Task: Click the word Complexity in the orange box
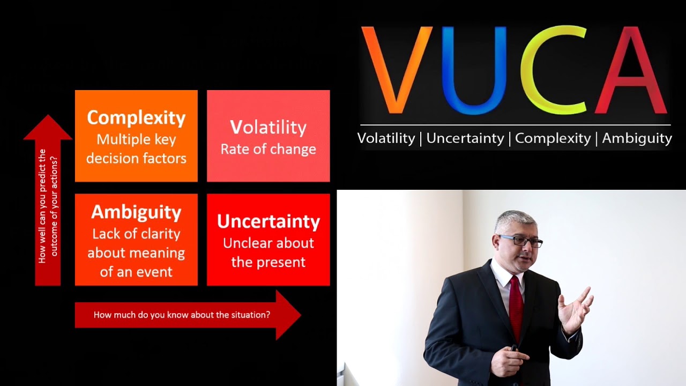[x=136, y=117]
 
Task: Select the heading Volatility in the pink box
[x=268, y=128]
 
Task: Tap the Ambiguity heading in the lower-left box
[x=136, y=212]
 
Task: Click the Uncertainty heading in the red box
[x=268, y=221]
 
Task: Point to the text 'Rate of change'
[x=268, y=149]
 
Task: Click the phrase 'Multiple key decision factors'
[x=136, y=149]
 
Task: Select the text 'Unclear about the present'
[x=268, y=253]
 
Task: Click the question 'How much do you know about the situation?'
[x=182, y=315]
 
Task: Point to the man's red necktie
[x=516, y=306]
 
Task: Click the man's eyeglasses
[x=520, y=241]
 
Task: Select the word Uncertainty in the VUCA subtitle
[x=465, y=138]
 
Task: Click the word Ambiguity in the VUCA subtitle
[x=637, y=138]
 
